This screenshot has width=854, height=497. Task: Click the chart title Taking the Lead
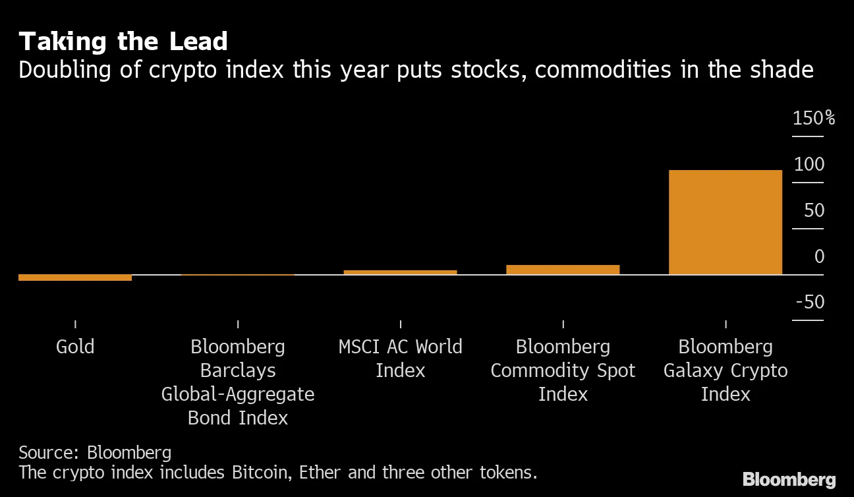tap(123, 42)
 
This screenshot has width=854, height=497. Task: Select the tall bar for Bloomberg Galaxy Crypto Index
tap(726, 222)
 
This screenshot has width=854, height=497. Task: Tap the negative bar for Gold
tap(75, 278)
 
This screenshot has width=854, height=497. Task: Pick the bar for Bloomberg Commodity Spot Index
tap(563, 270)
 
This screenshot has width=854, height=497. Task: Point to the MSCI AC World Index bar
tap(400, 272)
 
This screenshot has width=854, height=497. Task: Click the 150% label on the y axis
tap(814, 119)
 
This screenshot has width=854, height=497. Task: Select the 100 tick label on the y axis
tap(809, 165)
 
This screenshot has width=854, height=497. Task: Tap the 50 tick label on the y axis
tap(814, 211)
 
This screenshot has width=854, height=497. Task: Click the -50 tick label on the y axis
tap(810, 303)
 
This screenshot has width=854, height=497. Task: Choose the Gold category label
tap(75, 347)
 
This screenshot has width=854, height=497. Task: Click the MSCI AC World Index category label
tap(400, 359)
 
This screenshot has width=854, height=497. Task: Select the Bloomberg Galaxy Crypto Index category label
tap(726, 370)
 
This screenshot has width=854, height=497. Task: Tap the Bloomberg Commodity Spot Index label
tap(563, 370)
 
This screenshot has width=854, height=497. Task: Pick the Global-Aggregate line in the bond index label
tap(238, 394)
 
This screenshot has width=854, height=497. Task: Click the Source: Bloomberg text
tap(95, 453)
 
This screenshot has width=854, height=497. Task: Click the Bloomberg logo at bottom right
tap(789, 480)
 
